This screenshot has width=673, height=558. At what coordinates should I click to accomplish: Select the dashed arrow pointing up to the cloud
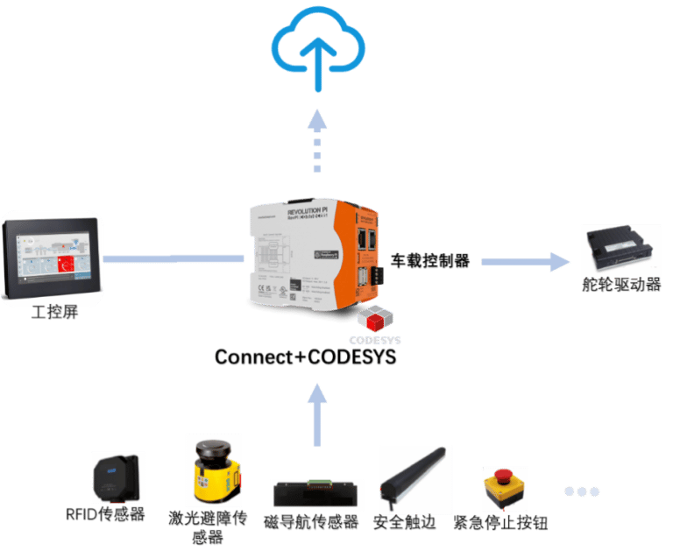pyautogui.click(x=316, y=145)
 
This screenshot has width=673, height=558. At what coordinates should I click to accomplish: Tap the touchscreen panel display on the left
pyautogui.click(x=52, y=258)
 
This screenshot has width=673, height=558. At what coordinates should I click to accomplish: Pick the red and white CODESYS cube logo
pyautogui.click(x=375, y=320)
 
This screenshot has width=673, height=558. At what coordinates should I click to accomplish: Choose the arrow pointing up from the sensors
pyautogui.click(x=317, y=412)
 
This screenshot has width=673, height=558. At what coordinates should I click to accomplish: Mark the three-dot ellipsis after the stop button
pyautogui.click(x=581, y=491)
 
